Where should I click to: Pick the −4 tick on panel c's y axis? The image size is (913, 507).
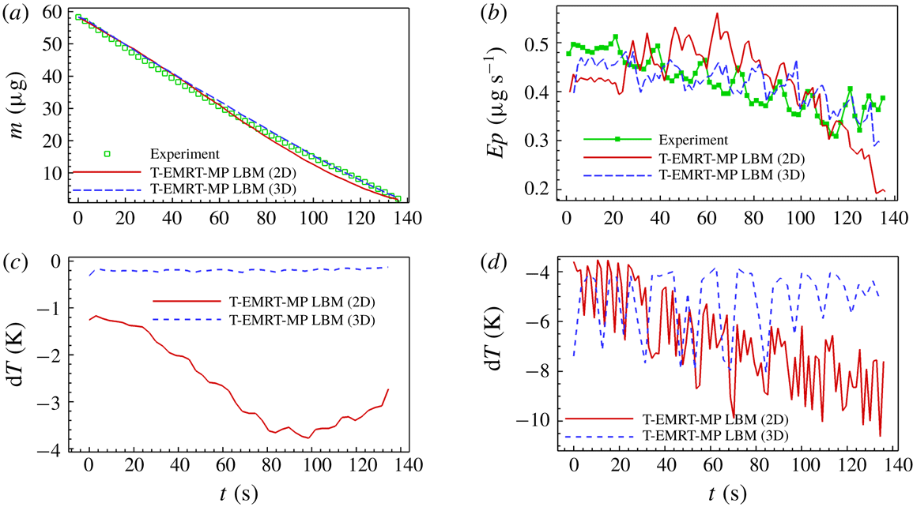click(x=54, y=450)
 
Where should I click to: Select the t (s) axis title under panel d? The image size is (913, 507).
click(x=722, y=494)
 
